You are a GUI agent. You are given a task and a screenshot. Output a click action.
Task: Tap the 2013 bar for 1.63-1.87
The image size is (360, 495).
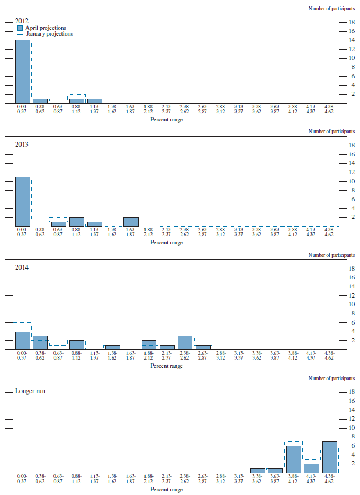(x=131, y=222)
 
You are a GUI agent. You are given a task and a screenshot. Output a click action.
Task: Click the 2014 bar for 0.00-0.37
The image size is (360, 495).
(x=22, y=340)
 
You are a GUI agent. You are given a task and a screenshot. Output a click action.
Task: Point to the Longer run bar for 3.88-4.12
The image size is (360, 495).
(x=293, y=459)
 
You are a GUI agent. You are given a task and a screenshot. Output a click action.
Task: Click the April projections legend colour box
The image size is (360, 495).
(x=20, y=27)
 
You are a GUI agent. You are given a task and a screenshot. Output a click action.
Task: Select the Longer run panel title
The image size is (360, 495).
(x=30, y=390)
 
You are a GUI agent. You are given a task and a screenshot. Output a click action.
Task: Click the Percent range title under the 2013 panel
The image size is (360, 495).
(x=167, y=243)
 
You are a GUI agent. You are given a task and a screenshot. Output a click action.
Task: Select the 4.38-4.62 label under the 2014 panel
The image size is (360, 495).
(x=329, y=356)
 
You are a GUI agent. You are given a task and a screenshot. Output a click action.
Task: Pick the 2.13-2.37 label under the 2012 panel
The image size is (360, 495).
(x=167, y=109)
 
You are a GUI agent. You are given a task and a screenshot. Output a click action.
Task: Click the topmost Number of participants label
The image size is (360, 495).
(x=331, y=8)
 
